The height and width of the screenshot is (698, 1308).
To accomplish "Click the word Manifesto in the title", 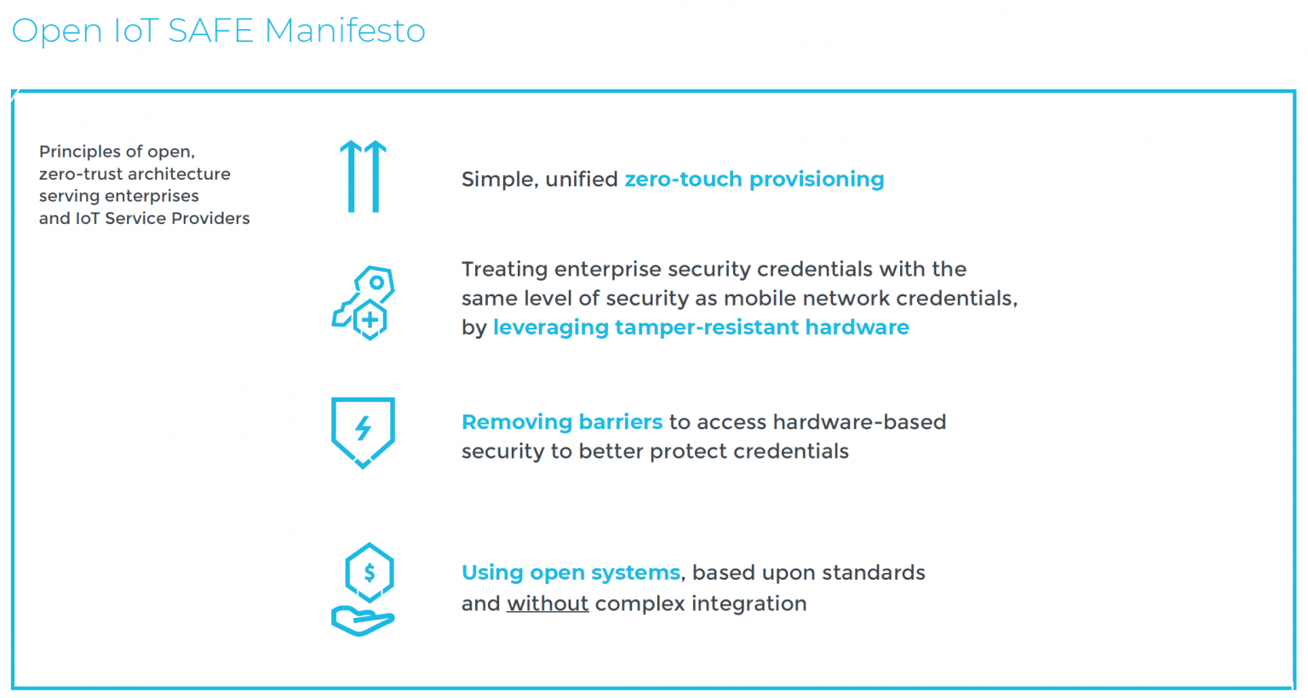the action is point(345,31).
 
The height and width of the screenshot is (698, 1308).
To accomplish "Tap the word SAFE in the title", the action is point(211,31).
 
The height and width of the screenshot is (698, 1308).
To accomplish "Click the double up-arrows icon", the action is point(364,176).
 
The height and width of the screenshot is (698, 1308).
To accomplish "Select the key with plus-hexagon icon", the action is point(364,303).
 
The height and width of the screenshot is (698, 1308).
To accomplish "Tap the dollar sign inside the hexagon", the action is point(370,573).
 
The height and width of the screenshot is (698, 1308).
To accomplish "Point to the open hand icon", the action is point(363,621).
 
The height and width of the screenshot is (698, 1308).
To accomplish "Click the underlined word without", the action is point(548,604).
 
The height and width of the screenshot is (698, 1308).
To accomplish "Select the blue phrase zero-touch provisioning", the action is point(754,179).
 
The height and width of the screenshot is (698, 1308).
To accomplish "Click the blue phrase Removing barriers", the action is point(562,421).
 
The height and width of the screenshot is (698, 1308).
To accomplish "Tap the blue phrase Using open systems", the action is point(571,573).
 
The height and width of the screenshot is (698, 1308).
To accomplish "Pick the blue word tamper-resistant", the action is point(707,328).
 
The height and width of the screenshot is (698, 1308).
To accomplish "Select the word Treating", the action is point(505,270).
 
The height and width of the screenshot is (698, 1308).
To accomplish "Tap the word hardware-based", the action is point(859,421).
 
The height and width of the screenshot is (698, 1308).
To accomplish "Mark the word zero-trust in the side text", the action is point(81,174).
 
